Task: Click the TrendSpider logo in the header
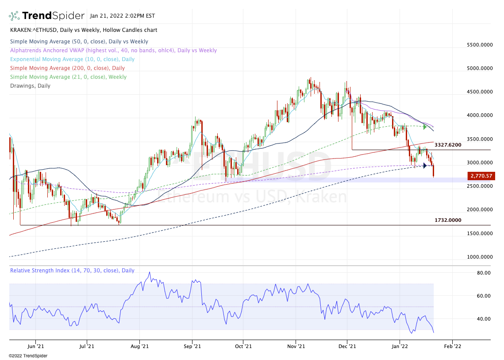pos(46,16)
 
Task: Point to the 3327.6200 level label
pos(448,145)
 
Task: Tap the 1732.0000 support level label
pos(448,220)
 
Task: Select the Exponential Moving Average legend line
pos(72,59)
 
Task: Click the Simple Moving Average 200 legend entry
pos(67,68)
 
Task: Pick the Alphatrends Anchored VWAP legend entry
pos(113,50)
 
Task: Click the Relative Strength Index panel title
pos(72,271)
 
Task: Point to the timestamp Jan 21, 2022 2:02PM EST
pos(123,16)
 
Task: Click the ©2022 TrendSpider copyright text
pos(28,356)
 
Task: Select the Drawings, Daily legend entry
pos(30,86)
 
